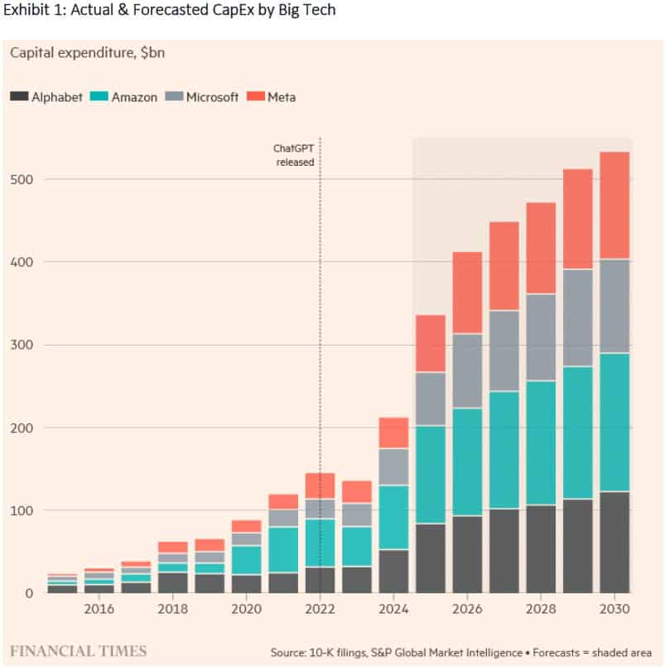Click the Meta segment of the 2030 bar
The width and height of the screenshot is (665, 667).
614,205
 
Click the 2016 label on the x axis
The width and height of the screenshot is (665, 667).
99,610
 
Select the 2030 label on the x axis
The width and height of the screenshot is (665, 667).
614,610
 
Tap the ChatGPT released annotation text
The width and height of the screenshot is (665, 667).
294,155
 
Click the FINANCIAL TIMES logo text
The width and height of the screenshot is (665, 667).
78,650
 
